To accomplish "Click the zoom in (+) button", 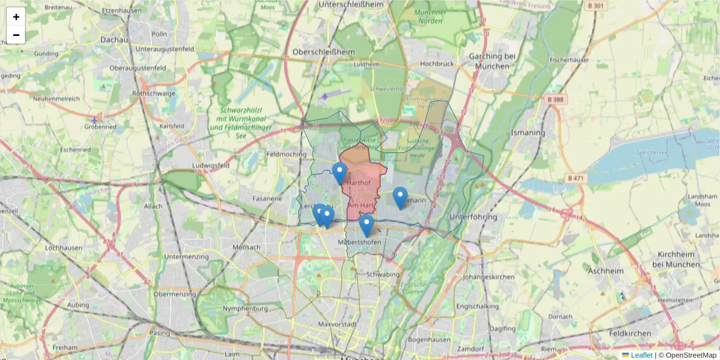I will (x=16, y=17).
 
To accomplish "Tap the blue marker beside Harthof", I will (x=340, y=172).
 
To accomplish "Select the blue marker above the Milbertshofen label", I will (x=367, y=224).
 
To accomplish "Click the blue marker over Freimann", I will (x=400, y=197).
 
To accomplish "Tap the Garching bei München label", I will (x=488, y=61).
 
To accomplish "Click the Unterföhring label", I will (x=473, y=217).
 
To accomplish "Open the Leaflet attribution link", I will (x=641, y=355).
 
